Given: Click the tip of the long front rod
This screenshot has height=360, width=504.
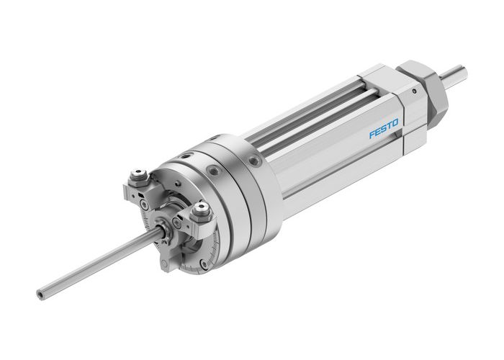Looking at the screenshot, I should pos(40,293).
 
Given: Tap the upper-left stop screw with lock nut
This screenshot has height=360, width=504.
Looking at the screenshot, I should pos(138,176).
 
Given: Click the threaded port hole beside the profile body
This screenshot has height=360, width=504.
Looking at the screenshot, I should pos(253,162).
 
